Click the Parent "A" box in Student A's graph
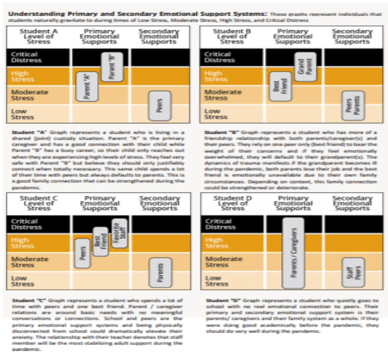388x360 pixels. point(87,87)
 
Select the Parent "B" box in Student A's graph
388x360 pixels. point(112,67)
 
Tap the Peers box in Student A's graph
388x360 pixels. point(159,105)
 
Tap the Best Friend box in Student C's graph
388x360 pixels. point(100,241)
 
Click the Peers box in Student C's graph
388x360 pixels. point(83,253)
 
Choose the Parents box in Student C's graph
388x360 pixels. point(160,272)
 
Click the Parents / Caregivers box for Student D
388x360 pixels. point(293,253)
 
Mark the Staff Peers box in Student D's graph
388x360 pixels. point(353,272)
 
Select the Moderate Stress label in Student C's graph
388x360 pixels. point(30,262)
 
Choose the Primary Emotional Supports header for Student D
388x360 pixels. point(293,202)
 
